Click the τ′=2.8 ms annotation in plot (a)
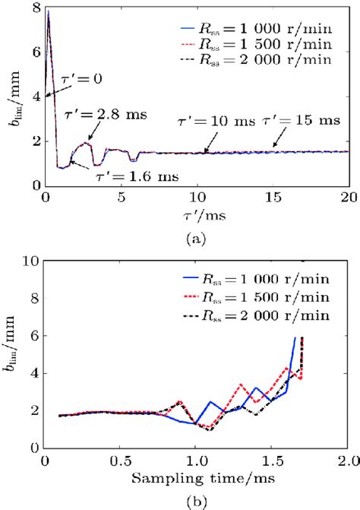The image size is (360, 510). [x=108, y=115]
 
